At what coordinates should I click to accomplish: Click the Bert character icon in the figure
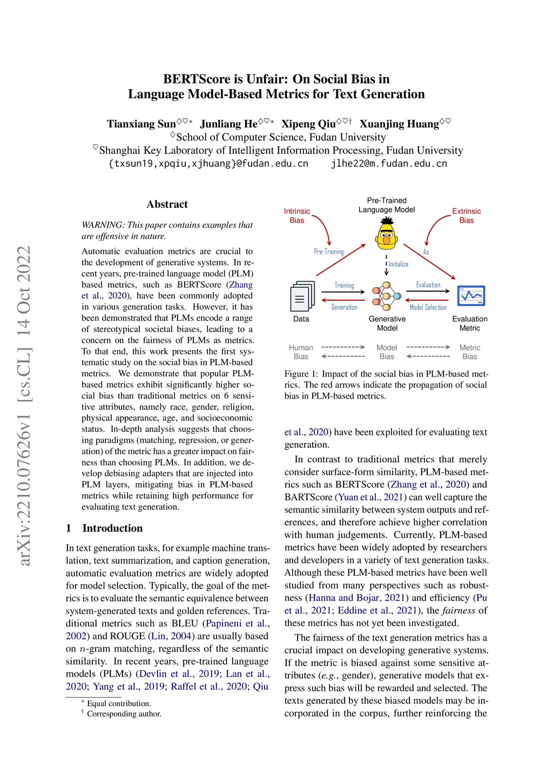click(387, 234)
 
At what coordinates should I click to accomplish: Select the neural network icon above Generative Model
click(386, 296)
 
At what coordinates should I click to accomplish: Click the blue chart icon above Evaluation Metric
click(471, 296)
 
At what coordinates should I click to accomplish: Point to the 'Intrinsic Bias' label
click(296, 215)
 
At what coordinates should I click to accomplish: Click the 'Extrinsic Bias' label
click(466, 215)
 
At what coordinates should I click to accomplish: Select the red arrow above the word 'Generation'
click(343, 300)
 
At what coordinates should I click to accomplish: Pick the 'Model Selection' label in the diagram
click(428, 307)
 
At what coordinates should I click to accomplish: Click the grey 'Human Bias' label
click(301, 352)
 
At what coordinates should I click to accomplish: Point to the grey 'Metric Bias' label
click(469, 352)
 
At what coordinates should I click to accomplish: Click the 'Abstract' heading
click(167, 204)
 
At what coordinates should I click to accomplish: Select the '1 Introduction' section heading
click(105, 528)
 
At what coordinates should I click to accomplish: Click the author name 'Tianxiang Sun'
click(141, 124)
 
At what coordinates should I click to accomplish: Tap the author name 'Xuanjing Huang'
click(399, 124)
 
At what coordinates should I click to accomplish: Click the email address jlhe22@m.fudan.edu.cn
click(389, 164)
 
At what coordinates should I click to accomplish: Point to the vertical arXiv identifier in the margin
click(24, 405)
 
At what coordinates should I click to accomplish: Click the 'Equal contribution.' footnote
click(119, 703)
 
